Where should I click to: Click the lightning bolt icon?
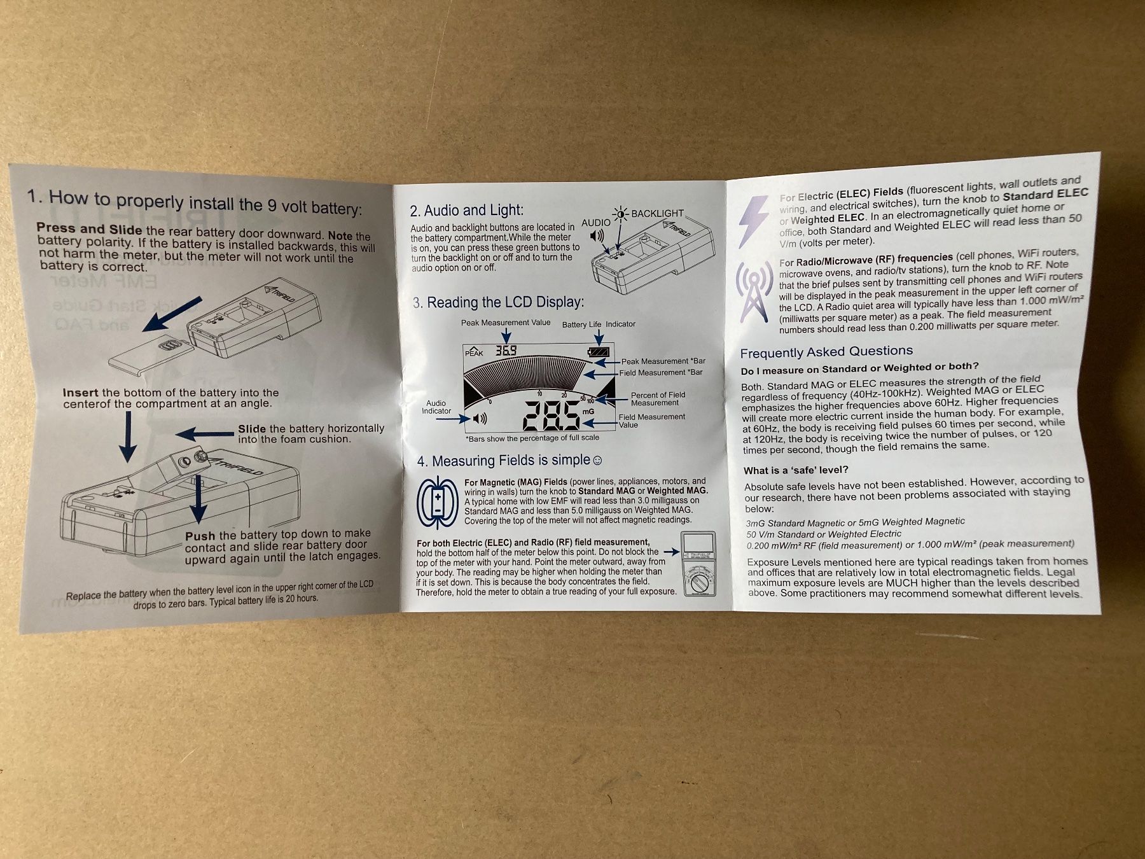(753, 220)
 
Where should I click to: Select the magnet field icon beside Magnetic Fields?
(438, 503)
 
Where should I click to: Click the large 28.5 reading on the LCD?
(550, 416)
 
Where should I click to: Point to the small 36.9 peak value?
(506, 350)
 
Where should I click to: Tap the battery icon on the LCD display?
(599, 352)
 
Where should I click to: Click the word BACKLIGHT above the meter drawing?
(657, 213)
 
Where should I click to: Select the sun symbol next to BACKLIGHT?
(620, 214)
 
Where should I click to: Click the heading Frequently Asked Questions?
(826, 352)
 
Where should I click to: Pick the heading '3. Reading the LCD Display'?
(498, 302)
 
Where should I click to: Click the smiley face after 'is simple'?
(597, 460)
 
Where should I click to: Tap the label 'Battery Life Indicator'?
(599, 324)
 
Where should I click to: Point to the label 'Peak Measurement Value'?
(506, 323)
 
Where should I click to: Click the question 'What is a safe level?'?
(796, 470)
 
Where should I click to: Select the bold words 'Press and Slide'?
(89, 228)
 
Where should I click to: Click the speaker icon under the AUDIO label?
(597, 236)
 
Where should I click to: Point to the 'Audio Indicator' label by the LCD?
(436, 407)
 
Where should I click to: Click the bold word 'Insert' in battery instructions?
(80, 393)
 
